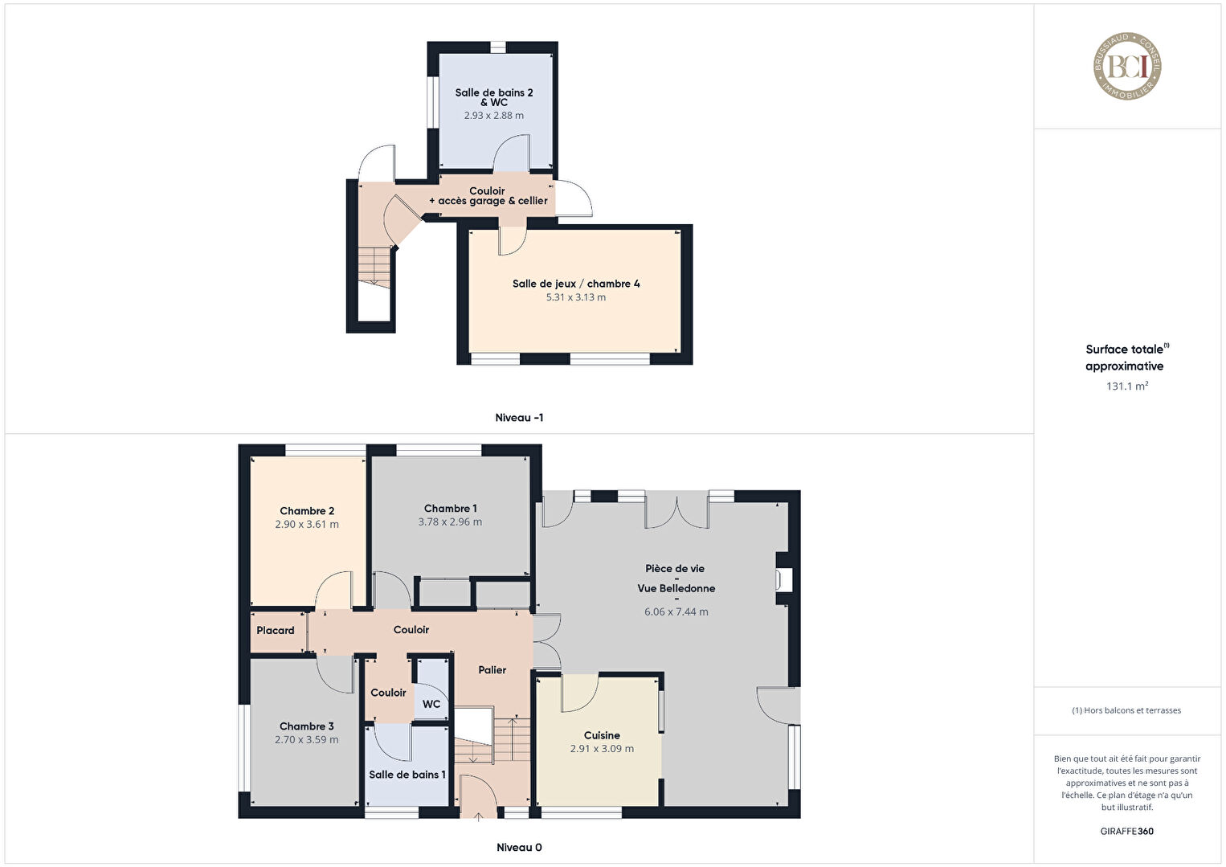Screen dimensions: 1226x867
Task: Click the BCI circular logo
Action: [1127, 66]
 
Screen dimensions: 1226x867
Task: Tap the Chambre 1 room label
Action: [450, 509]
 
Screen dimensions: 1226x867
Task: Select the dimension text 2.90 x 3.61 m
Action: [307, 525]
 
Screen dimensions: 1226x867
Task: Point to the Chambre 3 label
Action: [307, 726]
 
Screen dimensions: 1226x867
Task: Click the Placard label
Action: [276, 631]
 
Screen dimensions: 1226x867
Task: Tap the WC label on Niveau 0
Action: [431, 704]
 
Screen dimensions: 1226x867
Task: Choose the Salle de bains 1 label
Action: [407, 775]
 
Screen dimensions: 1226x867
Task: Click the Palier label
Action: [492, 670]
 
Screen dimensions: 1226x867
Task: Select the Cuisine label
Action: [602, 736]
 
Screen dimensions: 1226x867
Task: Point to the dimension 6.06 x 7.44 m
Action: [676, 612]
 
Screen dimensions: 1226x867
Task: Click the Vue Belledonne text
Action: [676, 588]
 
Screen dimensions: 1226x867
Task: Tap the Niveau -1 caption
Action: [519, 418]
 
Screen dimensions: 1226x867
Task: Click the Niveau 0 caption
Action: [519, 847]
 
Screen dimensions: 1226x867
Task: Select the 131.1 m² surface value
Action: [1127, 386]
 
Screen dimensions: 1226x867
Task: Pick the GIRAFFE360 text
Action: [1127, 831]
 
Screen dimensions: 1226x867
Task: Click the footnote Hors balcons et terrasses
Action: [1126, 710]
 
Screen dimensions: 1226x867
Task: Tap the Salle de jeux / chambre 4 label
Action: [576, 284]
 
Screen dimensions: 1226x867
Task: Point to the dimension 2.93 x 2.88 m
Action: [493, 116]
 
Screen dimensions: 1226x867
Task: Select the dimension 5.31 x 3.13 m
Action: [576, 297]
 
